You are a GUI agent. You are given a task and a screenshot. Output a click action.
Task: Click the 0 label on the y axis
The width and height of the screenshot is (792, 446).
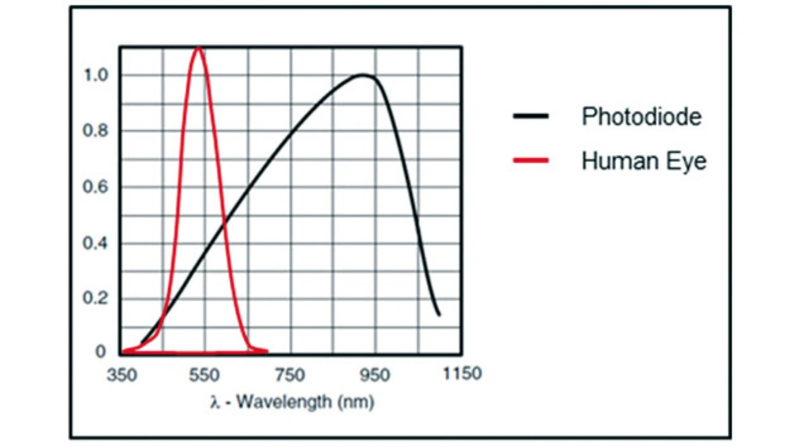100,352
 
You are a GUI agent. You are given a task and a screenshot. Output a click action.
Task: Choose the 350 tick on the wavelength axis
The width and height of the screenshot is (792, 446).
121,375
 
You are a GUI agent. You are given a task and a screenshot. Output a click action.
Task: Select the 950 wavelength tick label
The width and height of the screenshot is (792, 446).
374,375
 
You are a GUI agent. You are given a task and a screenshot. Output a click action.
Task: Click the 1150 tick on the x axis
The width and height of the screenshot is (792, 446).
461,374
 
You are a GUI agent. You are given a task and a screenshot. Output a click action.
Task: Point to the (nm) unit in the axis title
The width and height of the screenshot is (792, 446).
355,403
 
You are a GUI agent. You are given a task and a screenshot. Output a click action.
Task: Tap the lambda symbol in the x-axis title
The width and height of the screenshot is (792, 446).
215,403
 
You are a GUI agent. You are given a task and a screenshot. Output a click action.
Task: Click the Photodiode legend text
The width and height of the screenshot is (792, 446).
641,116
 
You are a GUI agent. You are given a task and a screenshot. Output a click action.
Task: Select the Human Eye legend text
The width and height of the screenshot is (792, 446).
643,161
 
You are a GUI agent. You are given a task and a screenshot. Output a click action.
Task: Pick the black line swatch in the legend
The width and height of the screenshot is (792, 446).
530,116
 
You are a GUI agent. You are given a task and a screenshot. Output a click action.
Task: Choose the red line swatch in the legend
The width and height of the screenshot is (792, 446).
530,161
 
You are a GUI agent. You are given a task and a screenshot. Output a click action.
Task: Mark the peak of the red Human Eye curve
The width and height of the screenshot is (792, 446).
198,48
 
